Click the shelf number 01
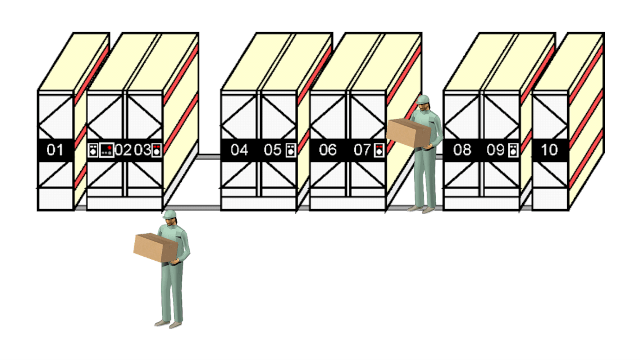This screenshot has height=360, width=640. pyautogui.click(x=55, y=150)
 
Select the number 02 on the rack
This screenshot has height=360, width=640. pyautogui.click(x=123, y=150)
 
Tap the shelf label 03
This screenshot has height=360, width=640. pyautogui.click(x=142, y=150)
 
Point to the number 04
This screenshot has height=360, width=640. pyautogui.click(x=239, y=150)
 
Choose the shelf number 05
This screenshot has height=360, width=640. pyautogui.click(x=272, y=150)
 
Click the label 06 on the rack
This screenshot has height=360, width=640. pyautogui.click(x=327, y=150)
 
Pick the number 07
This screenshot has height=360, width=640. pyautogui.click(x=362, y=150)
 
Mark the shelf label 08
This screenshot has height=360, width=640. pyautogui.click(x=462, y=150)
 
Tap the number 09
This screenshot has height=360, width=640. pyautogui.click(x=495, y=150)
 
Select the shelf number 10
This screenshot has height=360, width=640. pyautogui.click(x=549, y=150)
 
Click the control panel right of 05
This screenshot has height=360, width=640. pyautogui.click(x=290, y=150)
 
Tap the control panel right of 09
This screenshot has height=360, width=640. pyautogui.click(x=513, y=150)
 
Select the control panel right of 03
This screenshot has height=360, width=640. pyautogui.click(x=156, y=150)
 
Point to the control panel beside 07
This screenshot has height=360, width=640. pyautogui.click(x=380, y=150)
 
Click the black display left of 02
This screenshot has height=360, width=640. pyautogui.click(x=107, y=150)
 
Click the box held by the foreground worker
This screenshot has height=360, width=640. pyautogui.click(x=156, y=247)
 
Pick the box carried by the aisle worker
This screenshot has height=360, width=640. pyautogui.click(x=409, y=133)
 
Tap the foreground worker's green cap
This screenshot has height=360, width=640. pyautogui.click(x=169, y=214)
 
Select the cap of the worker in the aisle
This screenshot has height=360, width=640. pyautogui.click(x=423, y=100)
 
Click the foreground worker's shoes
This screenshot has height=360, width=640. pyautogui.click(x=168, y=324)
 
